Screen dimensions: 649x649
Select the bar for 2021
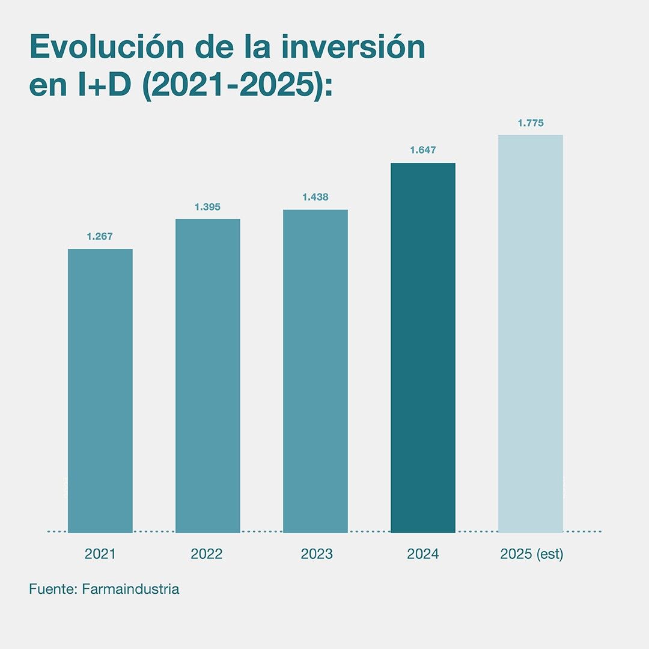tap(100, 391)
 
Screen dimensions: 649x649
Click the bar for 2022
tap(207, 376)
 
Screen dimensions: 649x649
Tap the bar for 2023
tap(315, 371)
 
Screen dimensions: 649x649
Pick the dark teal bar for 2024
tap(422, 347)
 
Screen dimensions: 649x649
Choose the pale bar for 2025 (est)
tap(531, 334)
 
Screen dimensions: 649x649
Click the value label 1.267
tap(100, 237)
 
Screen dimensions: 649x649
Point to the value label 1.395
tap(207, 207)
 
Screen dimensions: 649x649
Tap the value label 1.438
tap(315, 197)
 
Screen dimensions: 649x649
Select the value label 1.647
tap(422, 150)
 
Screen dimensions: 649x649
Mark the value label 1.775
tap(531, 123)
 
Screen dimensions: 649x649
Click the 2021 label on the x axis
tap(100, 554)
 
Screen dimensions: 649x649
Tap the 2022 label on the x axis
tap(207, 554)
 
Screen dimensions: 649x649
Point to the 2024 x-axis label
tap(422, 554)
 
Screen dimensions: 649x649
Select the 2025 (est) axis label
tap(531, 554)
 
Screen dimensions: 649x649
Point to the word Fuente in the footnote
tap(50, 589)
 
